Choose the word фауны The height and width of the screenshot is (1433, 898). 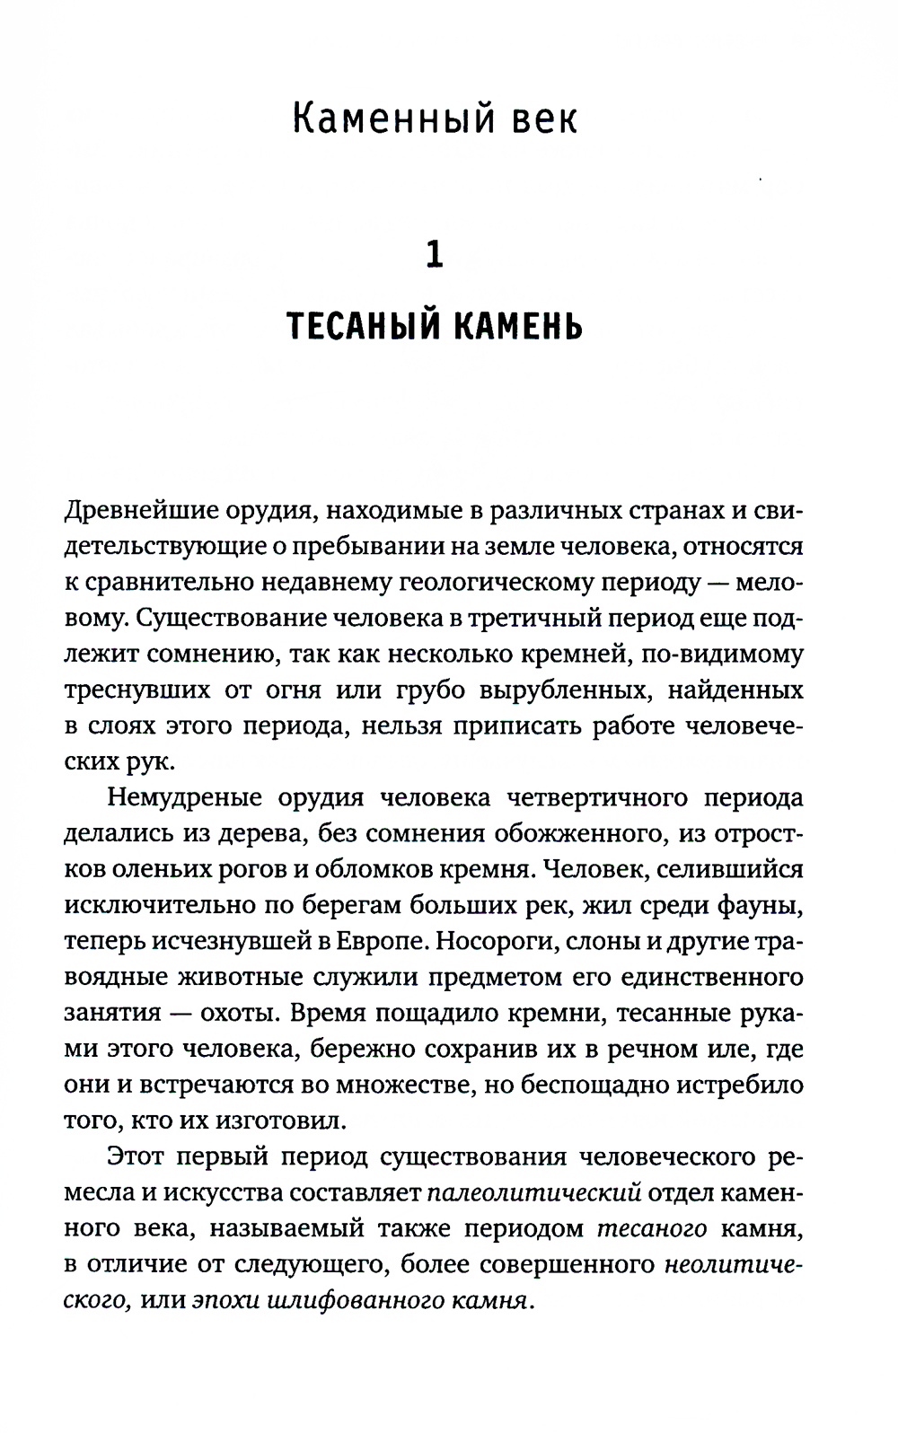(x=759, y=905)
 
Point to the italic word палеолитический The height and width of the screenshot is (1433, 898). (x=533, y=1192)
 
